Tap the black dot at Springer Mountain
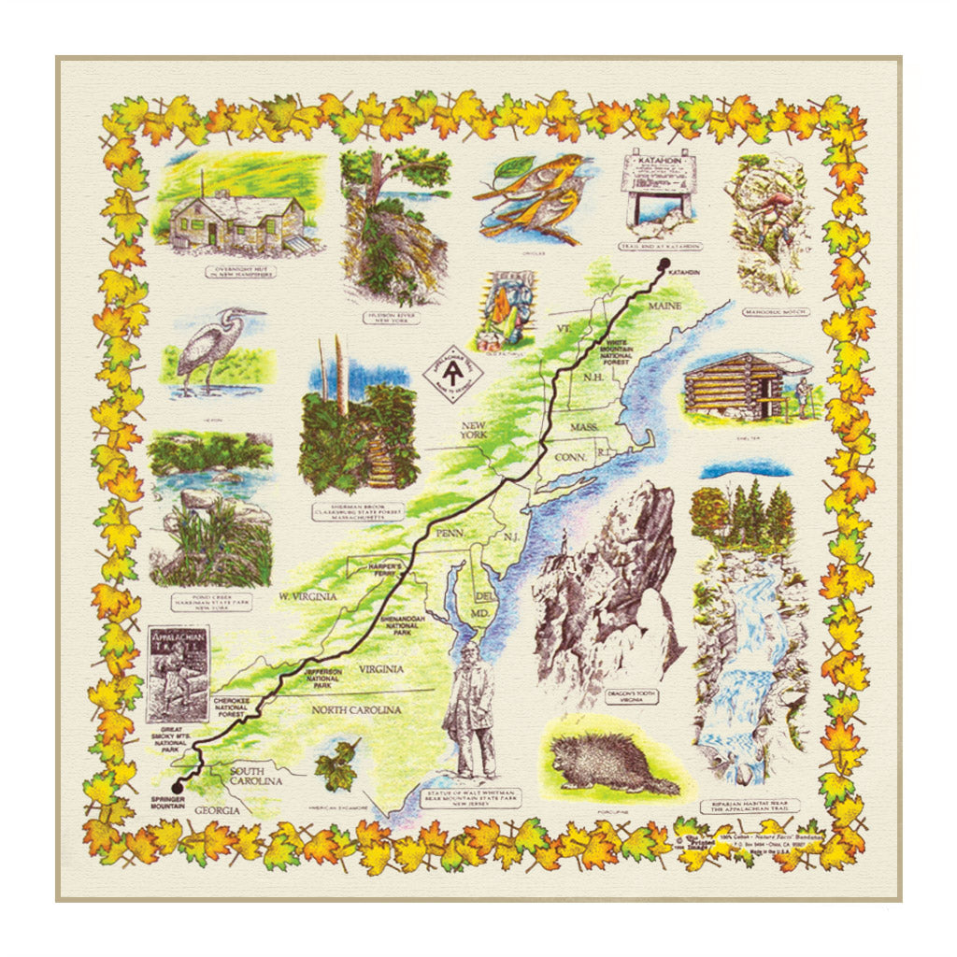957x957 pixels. point(178,786)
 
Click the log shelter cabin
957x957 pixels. point(738,383)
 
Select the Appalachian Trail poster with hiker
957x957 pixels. point(178,673)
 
